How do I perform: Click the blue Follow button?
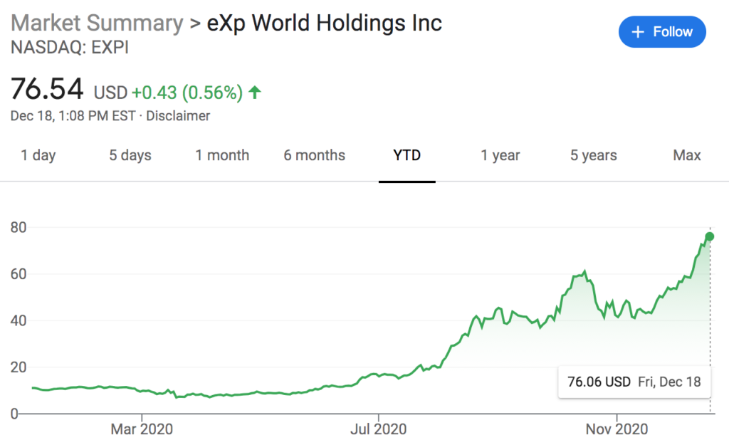coord(662,32)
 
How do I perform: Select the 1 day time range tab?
coord(38,155)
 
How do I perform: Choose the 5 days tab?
coord(130,155)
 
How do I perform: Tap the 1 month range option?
coord(222,155)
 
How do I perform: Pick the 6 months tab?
coord(314,155)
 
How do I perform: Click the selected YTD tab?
coord(407,155)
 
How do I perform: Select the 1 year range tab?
coord(500,155)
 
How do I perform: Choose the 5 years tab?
coord(593,155)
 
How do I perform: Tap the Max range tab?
coord(686,155)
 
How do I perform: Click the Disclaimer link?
coord(178,115)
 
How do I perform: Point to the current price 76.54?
coord(48,91)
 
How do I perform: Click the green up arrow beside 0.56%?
coord(255,92)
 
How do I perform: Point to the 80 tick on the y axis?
coord(19,228)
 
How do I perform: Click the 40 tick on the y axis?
coord(19,321)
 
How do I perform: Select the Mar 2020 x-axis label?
coord(142,429)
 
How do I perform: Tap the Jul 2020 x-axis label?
coord(379,429)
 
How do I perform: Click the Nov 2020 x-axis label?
coord(616,429)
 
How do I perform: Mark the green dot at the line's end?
coord(710,236)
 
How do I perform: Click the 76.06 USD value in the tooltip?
coord(599,382)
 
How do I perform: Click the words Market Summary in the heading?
coord(97,23)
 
